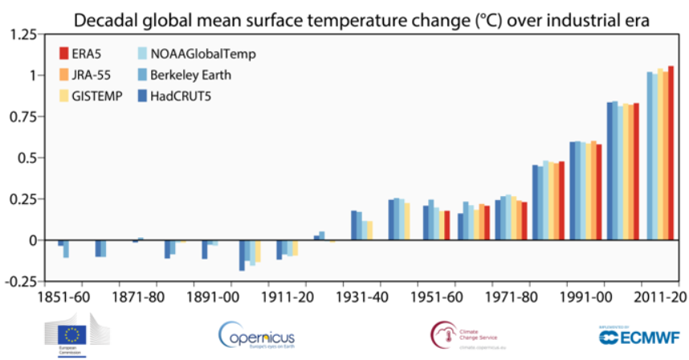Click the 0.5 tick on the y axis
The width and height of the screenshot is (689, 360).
(x=29, y=157)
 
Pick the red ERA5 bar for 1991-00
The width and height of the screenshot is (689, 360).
(x=598, y=192)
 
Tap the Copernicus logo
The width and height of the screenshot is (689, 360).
(x=257, y=335)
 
